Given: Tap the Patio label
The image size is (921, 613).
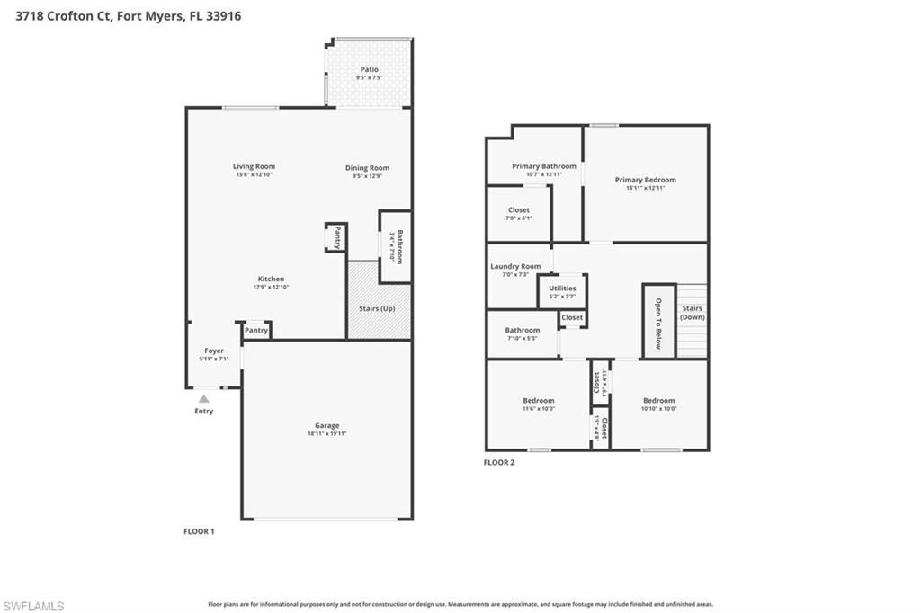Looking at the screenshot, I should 369,69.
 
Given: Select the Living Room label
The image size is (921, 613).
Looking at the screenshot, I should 254,166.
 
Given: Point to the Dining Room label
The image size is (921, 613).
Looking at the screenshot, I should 367,168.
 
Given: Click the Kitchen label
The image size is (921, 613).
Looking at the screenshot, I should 271,279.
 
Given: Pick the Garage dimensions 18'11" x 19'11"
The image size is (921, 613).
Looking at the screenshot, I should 326,434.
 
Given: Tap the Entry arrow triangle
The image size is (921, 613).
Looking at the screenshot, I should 204,399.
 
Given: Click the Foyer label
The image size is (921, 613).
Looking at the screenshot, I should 213,351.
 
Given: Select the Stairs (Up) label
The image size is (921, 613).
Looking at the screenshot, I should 377,308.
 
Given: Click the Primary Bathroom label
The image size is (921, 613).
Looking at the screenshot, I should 543,166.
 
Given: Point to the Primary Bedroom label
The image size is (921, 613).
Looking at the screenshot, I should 645,180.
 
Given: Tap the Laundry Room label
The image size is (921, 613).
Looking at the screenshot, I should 515,266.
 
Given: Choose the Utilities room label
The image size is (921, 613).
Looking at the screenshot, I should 562,289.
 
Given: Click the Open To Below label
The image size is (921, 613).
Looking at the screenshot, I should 658,323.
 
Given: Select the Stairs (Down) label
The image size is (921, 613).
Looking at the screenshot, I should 692,313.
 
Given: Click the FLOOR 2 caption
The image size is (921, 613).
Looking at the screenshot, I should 499,463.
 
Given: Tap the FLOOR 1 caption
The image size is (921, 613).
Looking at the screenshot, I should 199,531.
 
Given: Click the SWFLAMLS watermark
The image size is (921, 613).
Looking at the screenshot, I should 33,606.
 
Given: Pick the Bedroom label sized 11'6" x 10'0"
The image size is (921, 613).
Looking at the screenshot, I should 538,400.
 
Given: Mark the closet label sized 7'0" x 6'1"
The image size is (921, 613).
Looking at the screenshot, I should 518,209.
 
